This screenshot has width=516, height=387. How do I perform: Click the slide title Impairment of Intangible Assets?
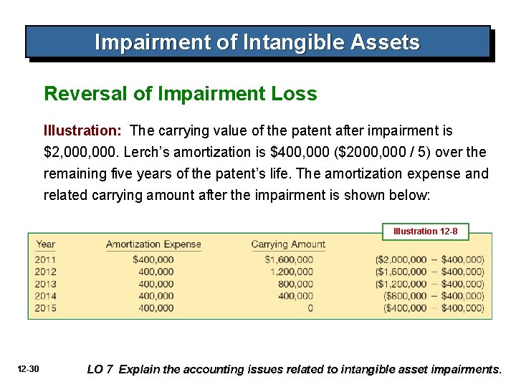[x=257, y=43]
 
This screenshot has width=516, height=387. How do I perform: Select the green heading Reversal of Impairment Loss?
[x=181, y=94]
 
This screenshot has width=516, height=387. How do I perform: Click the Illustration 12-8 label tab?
[x=430, y=231]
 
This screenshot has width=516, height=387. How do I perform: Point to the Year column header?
[x=45, y=244]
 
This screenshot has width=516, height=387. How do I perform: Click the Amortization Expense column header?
[x=153, y=244]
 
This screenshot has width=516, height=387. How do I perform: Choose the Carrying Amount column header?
[x=288, y=244]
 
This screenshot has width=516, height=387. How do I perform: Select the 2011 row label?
[x=46, y=259]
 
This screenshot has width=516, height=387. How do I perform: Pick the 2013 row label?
[x=46, y=284]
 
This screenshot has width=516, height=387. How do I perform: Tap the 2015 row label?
[x=46, y=308]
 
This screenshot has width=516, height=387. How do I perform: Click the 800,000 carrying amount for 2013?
[x=295, y=284]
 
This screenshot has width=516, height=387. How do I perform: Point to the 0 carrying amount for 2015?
[x=310, y=308]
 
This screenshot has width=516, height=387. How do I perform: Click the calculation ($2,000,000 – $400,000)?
[x=429, y=259]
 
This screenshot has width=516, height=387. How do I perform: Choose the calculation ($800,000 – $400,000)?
[x=434, y=296]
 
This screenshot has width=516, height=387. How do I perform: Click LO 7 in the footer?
[x=100, y=370]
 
